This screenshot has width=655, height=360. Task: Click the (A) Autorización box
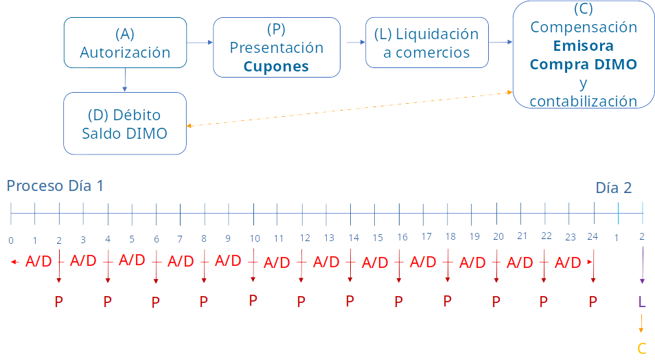[126, 43]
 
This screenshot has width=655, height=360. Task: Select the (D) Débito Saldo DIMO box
[125, 124]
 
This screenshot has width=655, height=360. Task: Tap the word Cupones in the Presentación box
[276, 67]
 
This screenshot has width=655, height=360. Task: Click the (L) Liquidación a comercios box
[427, 43]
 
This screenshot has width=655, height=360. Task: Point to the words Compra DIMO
[583, 65]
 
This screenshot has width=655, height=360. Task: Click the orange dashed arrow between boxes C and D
[349, 109]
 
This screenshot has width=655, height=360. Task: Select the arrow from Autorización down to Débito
[125, 80]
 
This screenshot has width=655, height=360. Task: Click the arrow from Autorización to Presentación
[200, 42]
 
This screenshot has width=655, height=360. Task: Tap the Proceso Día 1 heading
[55, 185]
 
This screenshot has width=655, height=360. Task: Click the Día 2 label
[613, 188]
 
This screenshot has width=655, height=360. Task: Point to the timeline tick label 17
[426, 236]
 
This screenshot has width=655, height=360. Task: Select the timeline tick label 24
[593, 236]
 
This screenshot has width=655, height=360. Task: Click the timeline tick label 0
[11, 240]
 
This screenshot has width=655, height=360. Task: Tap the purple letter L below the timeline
[642, 302]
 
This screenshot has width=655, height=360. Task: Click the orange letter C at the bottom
[642, 348]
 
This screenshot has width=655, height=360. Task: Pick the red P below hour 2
[59, 302]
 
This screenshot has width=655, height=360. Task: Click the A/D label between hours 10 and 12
[277, 262]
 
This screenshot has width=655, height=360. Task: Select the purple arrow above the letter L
[642, 265]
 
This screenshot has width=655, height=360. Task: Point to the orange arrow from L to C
[641, 324]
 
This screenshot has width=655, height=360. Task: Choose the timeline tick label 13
[329, 238]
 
